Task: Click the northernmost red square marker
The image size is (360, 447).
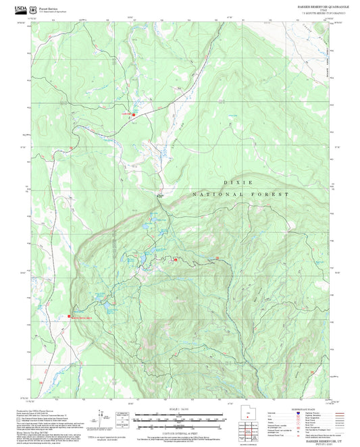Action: pos(133,114)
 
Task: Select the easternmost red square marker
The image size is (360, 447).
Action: pos(217,258)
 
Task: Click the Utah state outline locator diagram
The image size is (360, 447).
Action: pos(248,419)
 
